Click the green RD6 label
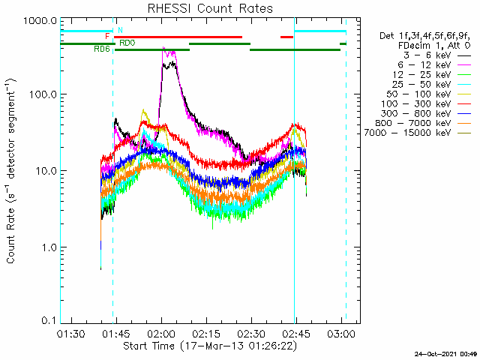pyautogui.click(x=102, y=49)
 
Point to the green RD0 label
pyautogui.click(x=127, y=43)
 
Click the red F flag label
pyautogui.click(x=107, y=36)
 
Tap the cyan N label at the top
pyautogui.click(x=120, y=30)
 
